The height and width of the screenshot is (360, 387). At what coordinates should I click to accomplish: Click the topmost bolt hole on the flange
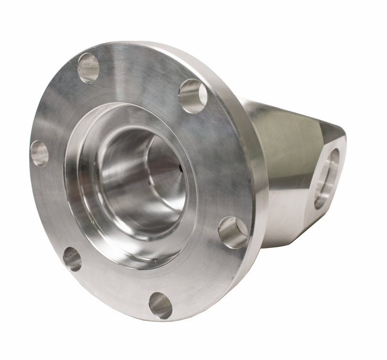[89, 67]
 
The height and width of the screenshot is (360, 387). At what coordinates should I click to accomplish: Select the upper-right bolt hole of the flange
[193, 95]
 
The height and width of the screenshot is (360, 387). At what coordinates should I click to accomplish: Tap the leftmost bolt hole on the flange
[40, 153]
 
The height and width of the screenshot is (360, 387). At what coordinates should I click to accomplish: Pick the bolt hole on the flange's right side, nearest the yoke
[233, 232]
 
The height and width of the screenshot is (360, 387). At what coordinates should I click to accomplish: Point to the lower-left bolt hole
[72, 259]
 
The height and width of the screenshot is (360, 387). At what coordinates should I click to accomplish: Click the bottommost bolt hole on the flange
[160, 305]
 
